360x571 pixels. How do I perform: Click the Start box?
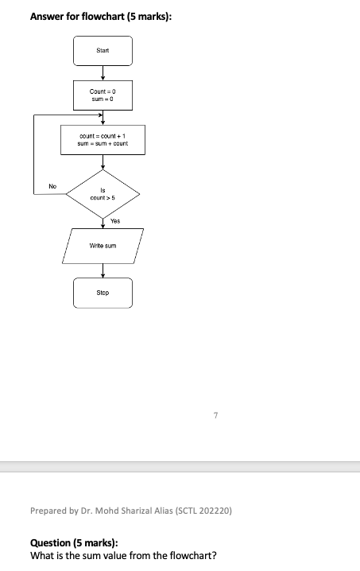click(x=103, y=51)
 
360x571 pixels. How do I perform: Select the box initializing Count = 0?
click(x=103, y=95)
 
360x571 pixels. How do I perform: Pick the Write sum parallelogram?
click(x=103, y=246)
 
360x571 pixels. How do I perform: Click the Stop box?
click(x=103, y=293)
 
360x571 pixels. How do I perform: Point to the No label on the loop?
click(x=52, y=185)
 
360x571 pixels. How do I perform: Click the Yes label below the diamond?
click(x=115, y=220)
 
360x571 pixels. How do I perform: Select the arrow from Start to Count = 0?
click(x=103, y=73)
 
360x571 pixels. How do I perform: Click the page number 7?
click(x=215, y=414)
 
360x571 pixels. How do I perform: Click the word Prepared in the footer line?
click(x=47, y=510)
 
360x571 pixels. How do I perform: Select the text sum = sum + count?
click(x=103, y=144)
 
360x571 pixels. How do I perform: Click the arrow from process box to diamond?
click(x=103, y=161)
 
